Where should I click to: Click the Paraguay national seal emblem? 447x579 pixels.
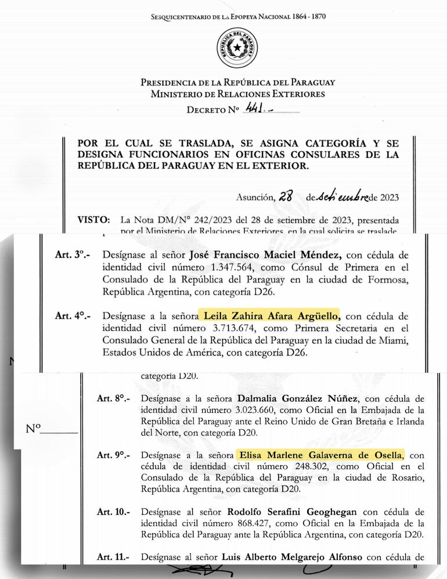[x=237, y=48]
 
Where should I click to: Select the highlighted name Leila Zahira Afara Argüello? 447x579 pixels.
[x=271, y=316]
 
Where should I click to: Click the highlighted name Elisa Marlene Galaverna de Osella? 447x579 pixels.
[x=320, y=455]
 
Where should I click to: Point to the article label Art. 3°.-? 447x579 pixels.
[x=69, y=254]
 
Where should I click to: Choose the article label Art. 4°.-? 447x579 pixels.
[x=69, y=317]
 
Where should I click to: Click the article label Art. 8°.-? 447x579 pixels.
[x=113, y=399]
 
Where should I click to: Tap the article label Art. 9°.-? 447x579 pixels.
[x=113, y=455]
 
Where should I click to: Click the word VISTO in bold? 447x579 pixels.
[x=92, y=221]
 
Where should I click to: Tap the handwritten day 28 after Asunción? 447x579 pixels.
[x=285, y=197]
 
